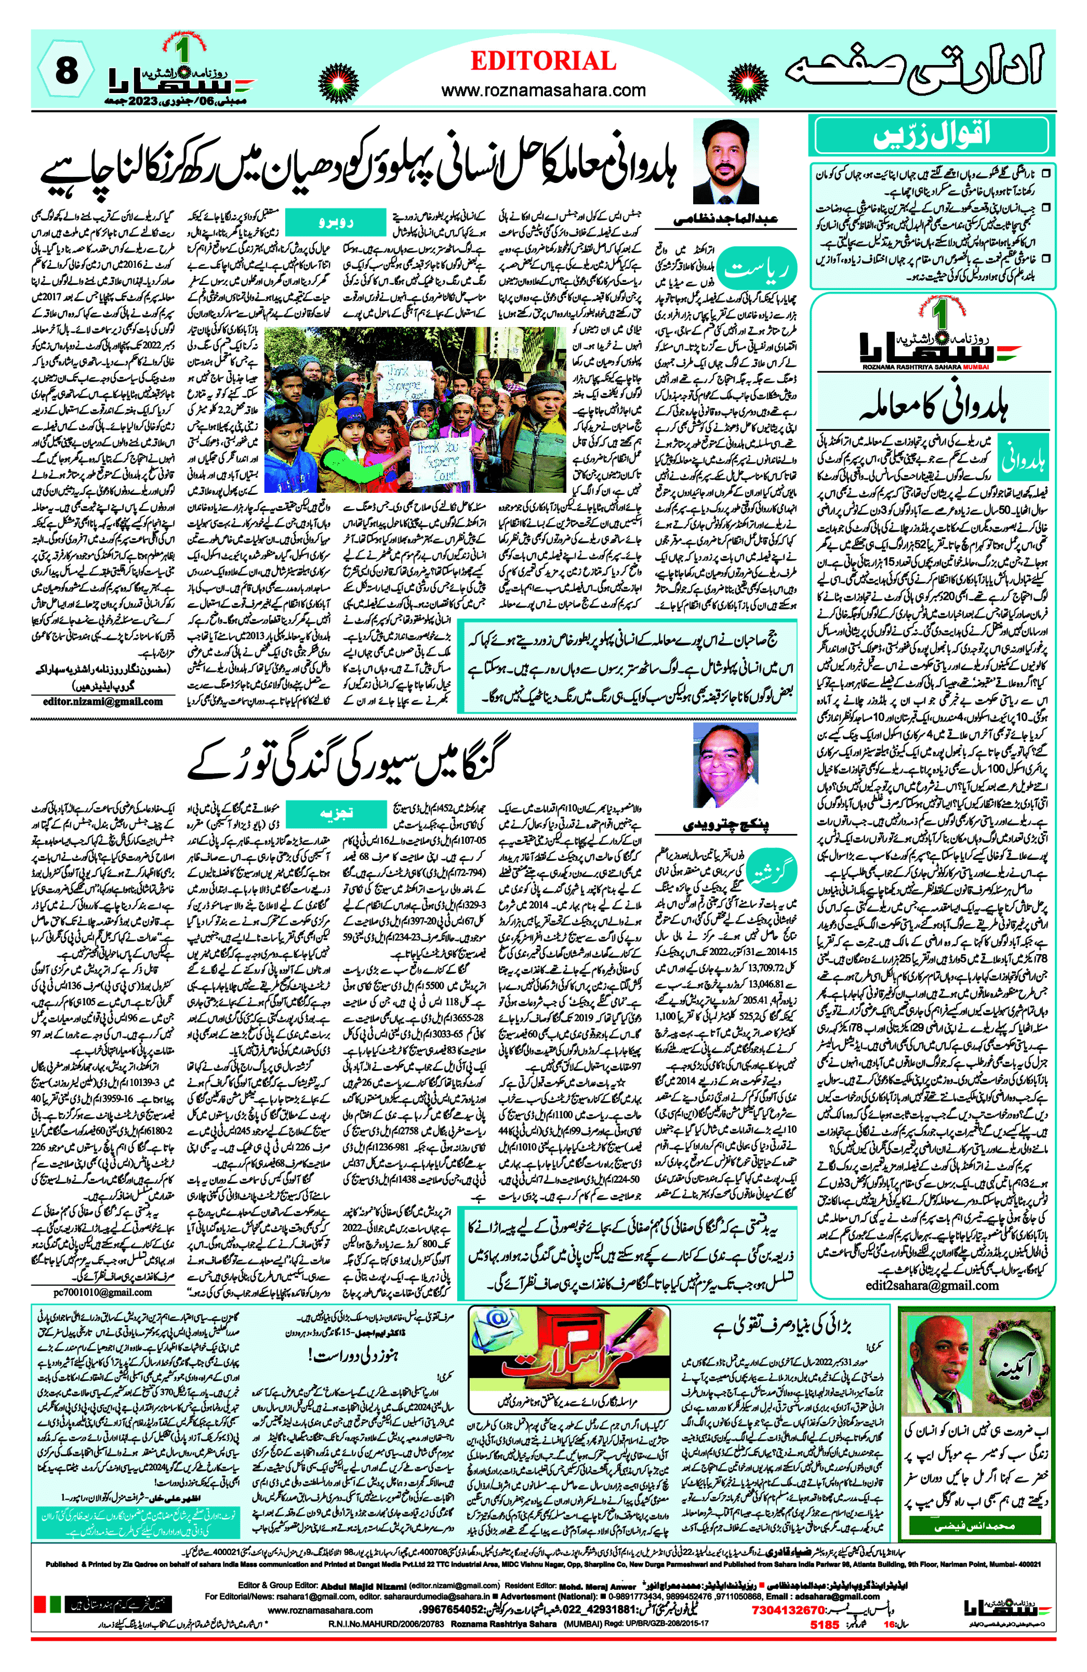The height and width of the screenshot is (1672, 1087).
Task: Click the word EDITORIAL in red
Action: pyautogui.click(x=543, y=62)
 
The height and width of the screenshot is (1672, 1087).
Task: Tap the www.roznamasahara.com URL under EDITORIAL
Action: pyautogui.click(x=543, y=90)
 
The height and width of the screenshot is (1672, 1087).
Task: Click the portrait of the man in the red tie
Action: pyautogui.click(x=725, y=162)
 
